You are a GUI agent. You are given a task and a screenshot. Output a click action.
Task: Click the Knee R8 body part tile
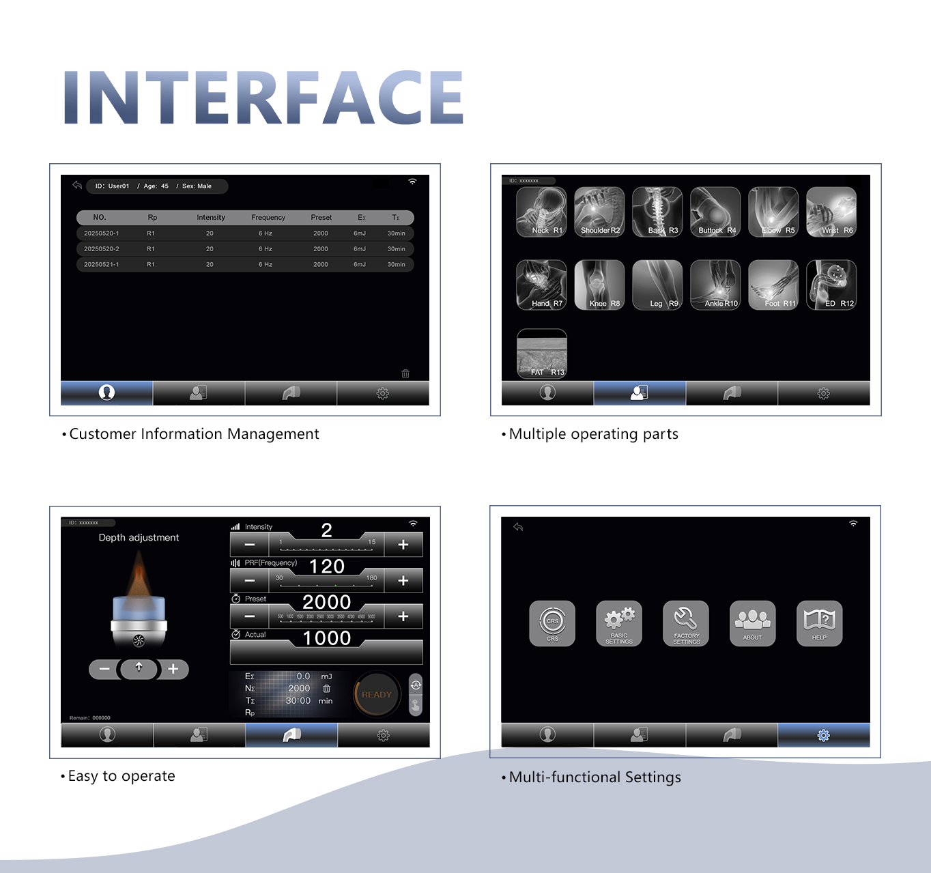coord(599,285)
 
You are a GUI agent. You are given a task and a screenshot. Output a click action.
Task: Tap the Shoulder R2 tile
coord(599,212)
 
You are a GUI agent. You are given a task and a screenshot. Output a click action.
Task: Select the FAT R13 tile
coord(542,354)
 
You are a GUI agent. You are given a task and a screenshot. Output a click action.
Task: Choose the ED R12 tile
coord(831,285)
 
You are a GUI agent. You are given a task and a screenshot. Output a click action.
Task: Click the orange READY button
coord(376,694)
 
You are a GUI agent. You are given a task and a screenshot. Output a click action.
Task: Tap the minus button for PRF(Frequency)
coord(250,581)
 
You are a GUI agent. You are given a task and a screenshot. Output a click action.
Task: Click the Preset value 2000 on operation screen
coord(326,602)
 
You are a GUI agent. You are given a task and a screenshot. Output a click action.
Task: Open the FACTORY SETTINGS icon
coord(686,623)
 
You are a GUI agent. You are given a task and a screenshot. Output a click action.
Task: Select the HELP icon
coord(819,623)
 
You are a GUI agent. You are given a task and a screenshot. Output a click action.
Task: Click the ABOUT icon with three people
coord(752,623)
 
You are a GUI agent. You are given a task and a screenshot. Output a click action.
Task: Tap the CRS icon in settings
coord(552,623)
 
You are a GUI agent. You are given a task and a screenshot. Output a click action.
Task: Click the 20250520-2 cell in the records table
coord(102,249)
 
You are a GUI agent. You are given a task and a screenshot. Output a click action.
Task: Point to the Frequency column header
coord(268,218)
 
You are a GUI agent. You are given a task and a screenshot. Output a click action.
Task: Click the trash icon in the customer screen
coord(405,373)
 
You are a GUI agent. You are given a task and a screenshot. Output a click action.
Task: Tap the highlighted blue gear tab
coord(823,735)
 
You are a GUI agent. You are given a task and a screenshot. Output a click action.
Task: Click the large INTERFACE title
coord(263,98)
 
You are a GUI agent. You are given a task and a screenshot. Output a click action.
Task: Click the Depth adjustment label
coord(139,538)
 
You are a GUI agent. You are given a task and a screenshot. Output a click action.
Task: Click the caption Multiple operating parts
coord(593,434)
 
